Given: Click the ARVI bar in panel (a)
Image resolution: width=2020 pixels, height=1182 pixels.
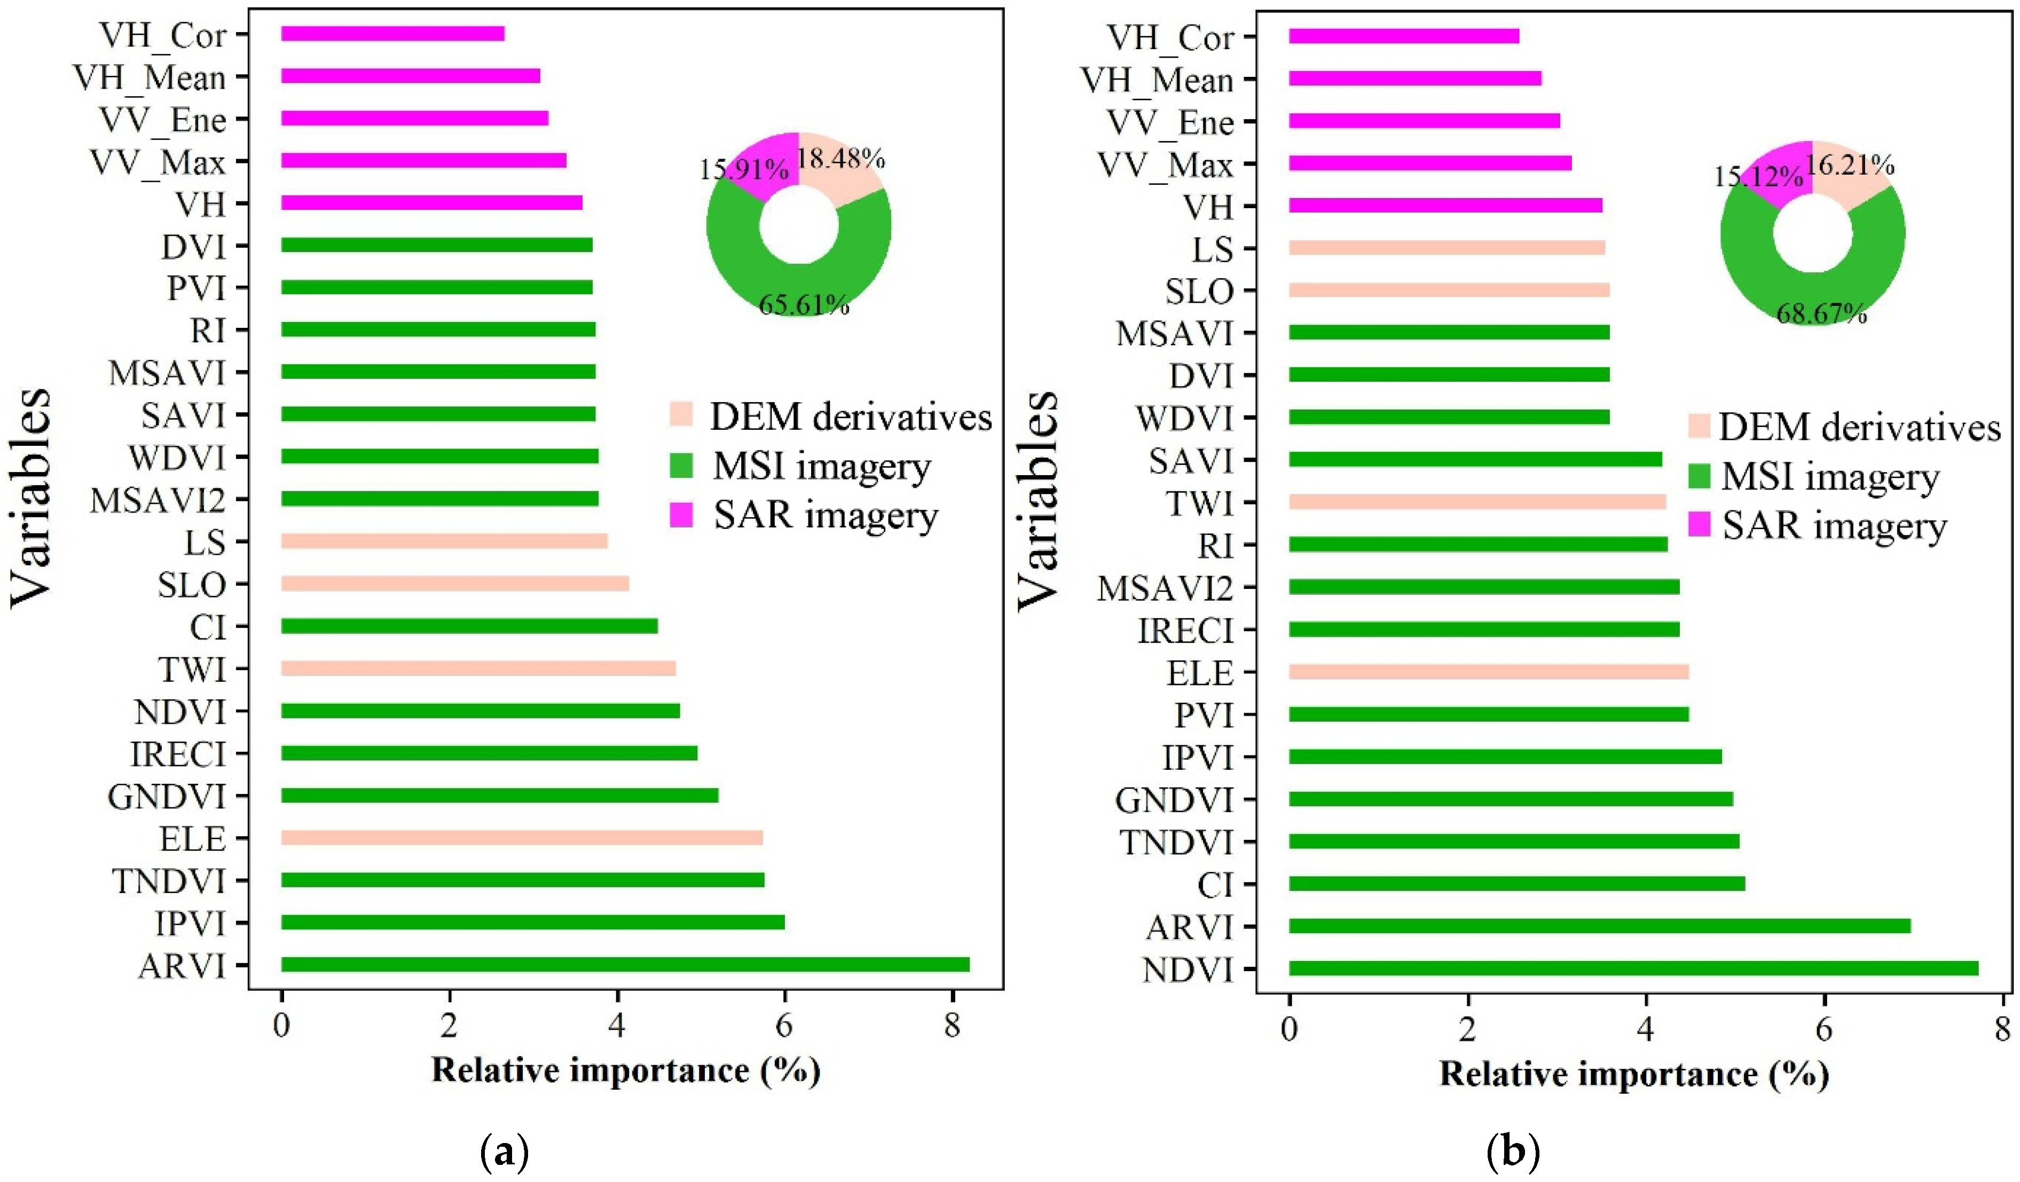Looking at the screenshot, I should click(625, 964).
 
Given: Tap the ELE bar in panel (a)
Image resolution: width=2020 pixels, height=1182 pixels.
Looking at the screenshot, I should click(521, 838).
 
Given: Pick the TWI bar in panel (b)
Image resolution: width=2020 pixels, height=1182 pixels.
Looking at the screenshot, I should click(1476, 502).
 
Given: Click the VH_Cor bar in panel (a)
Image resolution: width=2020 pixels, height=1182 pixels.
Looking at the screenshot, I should click(393, 34).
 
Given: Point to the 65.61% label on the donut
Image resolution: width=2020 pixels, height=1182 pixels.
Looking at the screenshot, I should click(803, 304).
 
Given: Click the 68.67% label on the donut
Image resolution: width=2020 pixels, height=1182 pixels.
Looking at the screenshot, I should click(1821, 313).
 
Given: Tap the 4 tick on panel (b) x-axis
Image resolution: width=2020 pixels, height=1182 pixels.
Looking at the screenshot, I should click(1646, 1028).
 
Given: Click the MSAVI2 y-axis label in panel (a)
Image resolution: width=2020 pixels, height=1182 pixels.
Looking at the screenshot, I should click(158, 501).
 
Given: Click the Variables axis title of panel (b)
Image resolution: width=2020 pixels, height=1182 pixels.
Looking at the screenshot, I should click(1038, 501).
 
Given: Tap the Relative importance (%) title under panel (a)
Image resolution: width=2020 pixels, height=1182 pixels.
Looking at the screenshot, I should click(625, 1070).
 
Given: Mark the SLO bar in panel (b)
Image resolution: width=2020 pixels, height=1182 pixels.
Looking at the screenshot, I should click(1449, 289).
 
